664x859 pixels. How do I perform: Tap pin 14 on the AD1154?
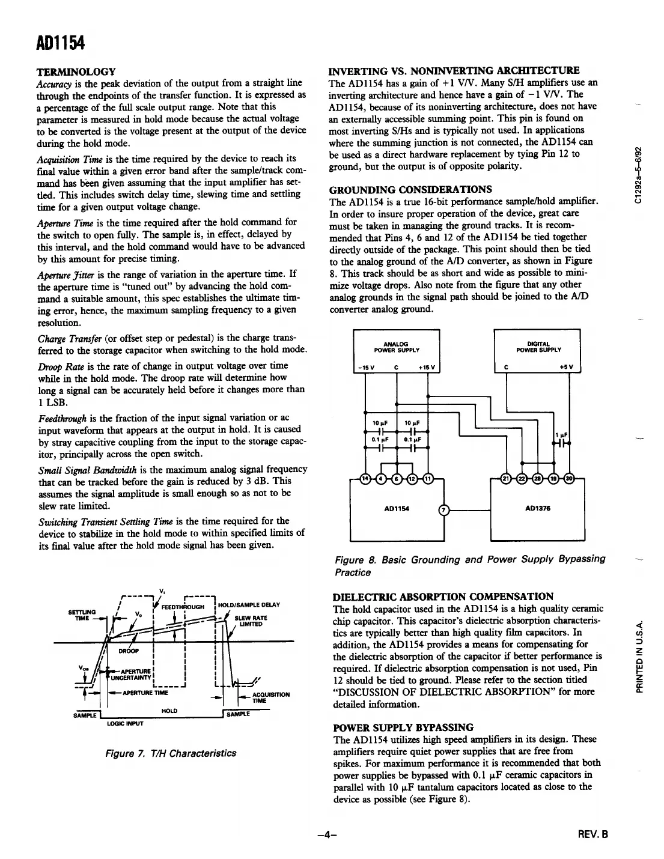pyautogui.click(x=364, y=478)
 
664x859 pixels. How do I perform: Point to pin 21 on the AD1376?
pyautogui.click(x=506, y=478)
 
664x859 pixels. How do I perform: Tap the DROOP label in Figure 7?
pyautogui.click(x=129, y=651)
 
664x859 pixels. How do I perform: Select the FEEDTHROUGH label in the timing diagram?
pyautogui.click(x=184, y=606)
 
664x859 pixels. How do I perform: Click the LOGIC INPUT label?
pyautogui.click(x=125, y=723)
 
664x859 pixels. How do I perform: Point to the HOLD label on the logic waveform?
pyautogui.click(x=169, y=711)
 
